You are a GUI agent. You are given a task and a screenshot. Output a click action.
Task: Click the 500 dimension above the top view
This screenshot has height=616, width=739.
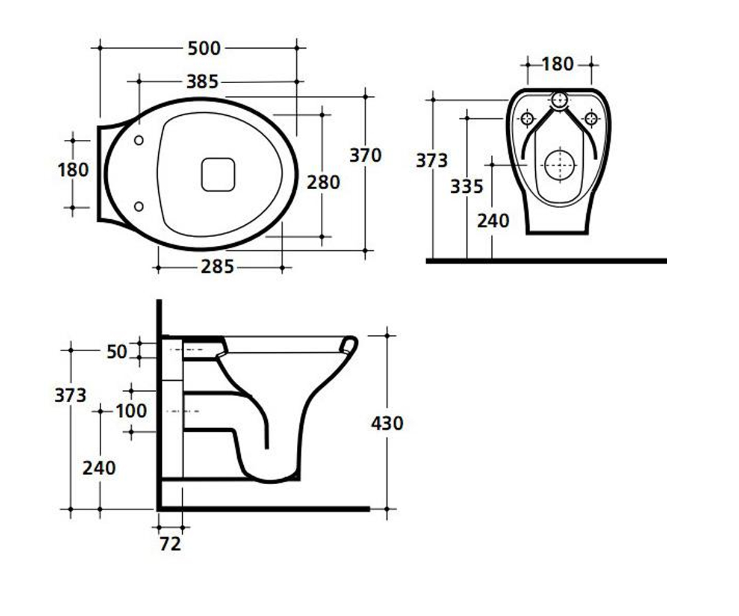(204, 48)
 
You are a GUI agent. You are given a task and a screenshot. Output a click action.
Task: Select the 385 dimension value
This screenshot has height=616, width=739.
(203, 82)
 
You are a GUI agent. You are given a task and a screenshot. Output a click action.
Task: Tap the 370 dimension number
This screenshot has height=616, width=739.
(366, 155)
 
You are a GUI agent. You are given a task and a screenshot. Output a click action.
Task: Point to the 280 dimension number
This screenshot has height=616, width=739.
(323, 182)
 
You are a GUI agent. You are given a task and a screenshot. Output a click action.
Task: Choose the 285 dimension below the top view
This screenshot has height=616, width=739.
(217, 267)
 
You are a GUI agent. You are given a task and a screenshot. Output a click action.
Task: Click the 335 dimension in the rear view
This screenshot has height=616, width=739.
(466, 186)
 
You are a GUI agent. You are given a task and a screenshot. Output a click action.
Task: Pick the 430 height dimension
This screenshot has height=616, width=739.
(387, 423)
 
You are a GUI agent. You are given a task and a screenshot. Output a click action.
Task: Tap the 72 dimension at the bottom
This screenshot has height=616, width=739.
(170, 544)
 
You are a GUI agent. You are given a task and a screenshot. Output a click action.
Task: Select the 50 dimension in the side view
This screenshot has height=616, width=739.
(117, 352)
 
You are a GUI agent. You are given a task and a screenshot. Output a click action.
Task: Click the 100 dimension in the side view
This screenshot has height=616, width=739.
(131, 411)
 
